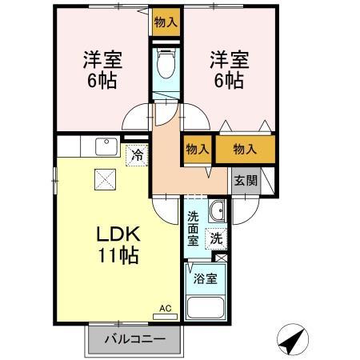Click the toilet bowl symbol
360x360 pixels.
(166, 64)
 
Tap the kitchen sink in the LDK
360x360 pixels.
(105, 146)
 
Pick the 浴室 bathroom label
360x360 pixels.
(205, 280)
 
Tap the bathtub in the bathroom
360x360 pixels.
(205, 308)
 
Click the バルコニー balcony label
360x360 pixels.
(135, 340)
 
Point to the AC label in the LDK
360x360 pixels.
(165, 308)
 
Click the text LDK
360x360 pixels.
(118, 234)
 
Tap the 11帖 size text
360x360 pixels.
(118, 256)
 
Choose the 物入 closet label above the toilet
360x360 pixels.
(166, 22)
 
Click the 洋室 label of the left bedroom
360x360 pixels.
(102, 59)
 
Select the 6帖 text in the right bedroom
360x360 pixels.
(227, 80)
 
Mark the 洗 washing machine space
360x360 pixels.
(215, 238)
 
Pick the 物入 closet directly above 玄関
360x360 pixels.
(245, 150)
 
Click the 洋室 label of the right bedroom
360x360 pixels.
(227, 59)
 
